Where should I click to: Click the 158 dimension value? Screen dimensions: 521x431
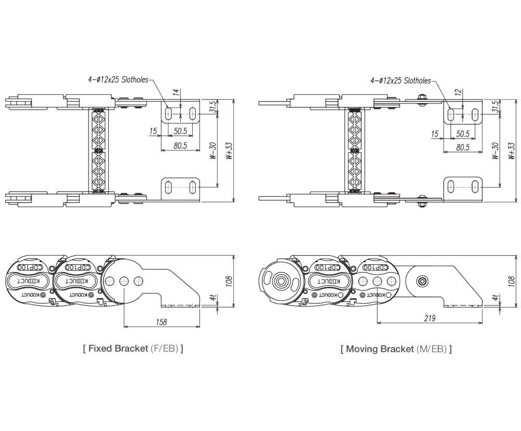pyautogui.click(x=161, y=322)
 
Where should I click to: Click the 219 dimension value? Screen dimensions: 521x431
pyautogui.click(x=430, y=318)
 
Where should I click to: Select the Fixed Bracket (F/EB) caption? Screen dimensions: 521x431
pyautogui.click(x=133, y=349)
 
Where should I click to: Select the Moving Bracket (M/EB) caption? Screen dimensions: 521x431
pyautogui.click(x=396, y=349)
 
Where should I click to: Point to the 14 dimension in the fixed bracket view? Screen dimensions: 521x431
pyautogui.click(x=177, y=92)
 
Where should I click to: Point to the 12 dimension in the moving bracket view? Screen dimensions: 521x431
pyautogui.click(x=459, y=92)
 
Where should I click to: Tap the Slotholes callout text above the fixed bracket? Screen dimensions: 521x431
pyautogui.click(x=118, y=80)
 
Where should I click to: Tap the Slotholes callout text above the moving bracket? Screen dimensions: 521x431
pyautogui.click(x=400, y=80)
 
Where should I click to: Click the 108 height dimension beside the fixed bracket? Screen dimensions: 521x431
pyautogui.click(x=229, y=280)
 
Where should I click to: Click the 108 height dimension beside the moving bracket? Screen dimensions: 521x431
pyautogui.click(x=512, y=280)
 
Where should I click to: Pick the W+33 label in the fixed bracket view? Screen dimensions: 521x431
pyautogui.click(x=229, y=152)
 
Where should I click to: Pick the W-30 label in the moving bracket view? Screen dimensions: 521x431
pyautogui.click(x=495, y=151)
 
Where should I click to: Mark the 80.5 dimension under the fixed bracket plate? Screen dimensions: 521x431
pyautogui.click(x=180, y=145)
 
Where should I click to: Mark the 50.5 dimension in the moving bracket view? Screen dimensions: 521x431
pyautogui.click(x=463, y=133)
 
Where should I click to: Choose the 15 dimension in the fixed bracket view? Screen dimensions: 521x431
pyautogui.click(x=153, y=131)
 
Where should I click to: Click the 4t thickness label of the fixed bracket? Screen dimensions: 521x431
pyautogui.click(x=215, y=298)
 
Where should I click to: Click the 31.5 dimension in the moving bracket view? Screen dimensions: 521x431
pyautogui.click(x=495, y=107)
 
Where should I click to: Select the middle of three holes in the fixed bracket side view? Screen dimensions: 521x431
pyautogui.click(x=124, y=281)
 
